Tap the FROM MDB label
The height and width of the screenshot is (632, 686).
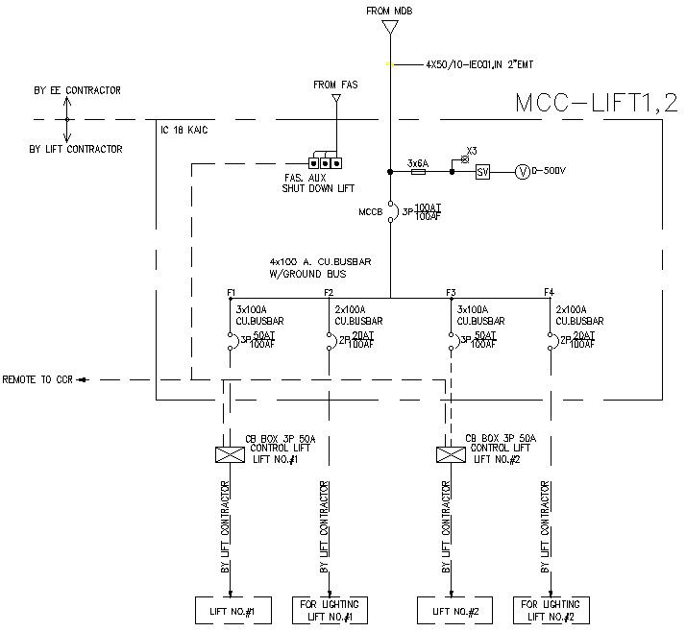tap(390, 11)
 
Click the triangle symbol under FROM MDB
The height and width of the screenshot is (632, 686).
tap(390, 28)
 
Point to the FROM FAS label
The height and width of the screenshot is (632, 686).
tap(336, 85)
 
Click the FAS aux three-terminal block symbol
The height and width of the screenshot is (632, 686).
tap(326, 161)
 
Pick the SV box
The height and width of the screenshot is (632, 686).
tap(483, 172)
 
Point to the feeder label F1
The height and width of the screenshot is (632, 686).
tap(232, 292)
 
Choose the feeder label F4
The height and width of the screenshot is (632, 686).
tap(549, 292)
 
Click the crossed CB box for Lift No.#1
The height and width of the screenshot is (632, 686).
tap(228, 453)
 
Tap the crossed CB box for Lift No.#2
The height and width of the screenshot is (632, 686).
tap(447, 453)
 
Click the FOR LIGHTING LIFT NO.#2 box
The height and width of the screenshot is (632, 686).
tap(551, 610)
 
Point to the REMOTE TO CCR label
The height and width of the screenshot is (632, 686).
tap(38, 380)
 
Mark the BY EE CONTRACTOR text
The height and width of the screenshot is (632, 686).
tap(77, 90)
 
